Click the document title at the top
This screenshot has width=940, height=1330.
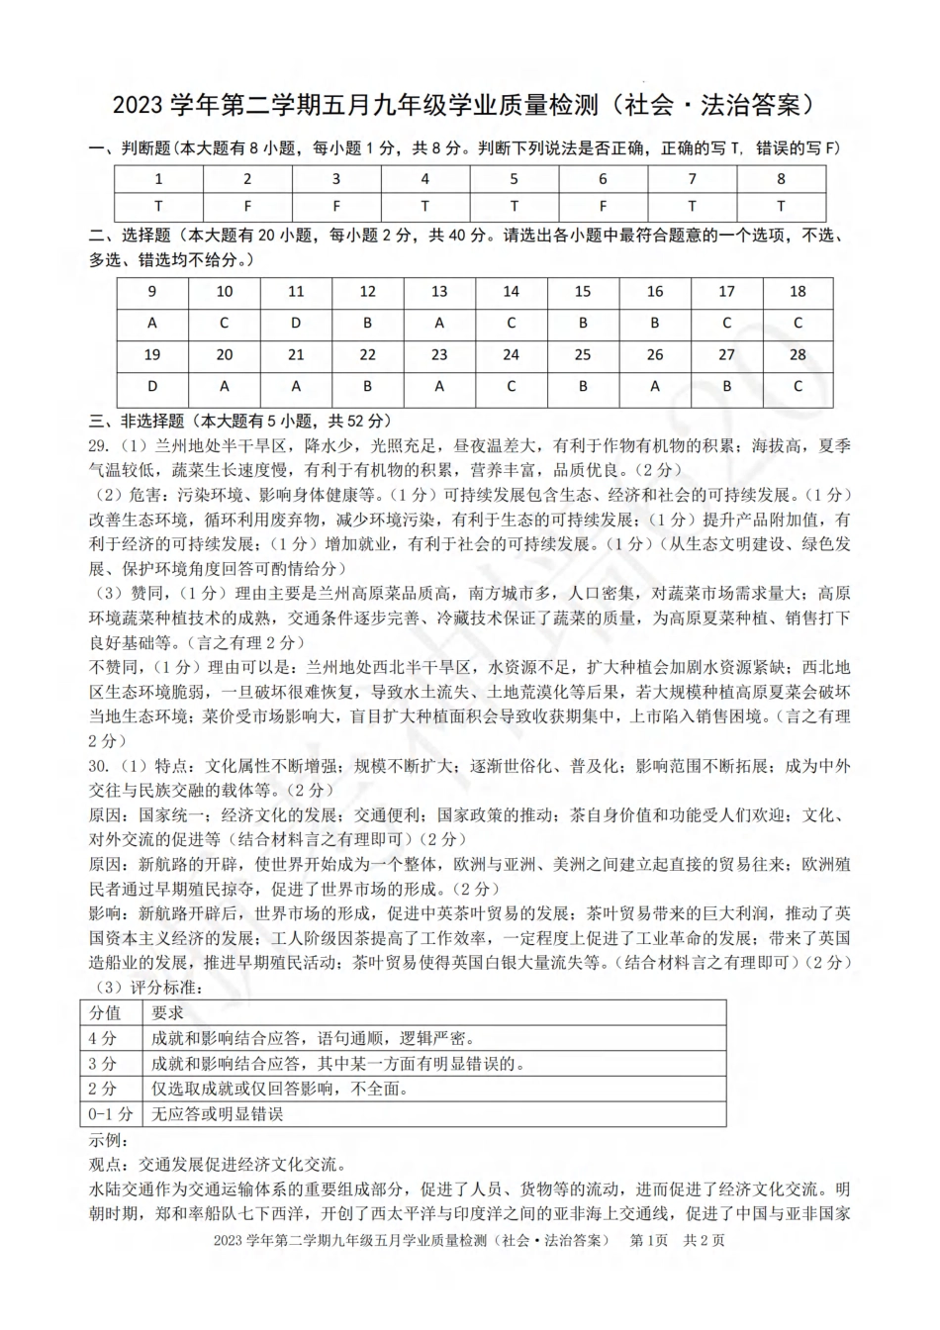[x=469, y=104]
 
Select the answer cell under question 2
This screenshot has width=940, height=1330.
[x=247, y=206]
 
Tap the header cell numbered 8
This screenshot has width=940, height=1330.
[x=781, y=179]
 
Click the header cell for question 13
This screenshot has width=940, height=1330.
[x=439, y=291]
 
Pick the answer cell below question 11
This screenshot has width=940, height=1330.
[x=296, y=323]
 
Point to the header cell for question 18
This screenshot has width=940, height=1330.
[x=798, y=291]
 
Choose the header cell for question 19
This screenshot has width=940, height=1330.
[x=152, y=354]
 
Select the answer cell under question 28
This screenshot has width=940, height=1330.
[x=798, y=386]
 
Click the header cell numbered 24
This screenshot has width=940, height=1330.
[x=511, y=354]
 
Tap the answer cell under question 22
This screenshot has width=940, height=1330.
[x=367, y=386]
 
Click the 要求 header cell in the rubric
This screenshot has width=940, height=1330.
[x=168, y=1012]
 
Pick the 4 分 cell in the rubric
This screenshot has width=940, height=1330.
[x=104, y=1038]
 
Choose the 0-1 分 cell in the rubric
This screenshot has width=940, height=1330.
[x=110, y=1114]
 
